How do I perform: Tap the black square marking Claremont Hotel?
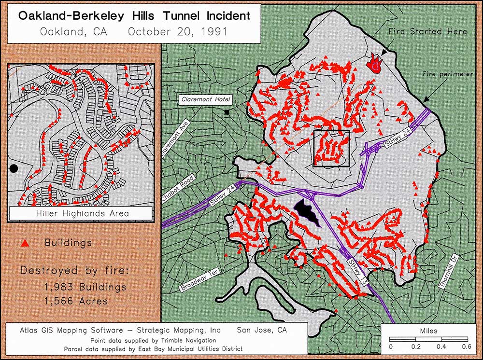(x=227, y=112)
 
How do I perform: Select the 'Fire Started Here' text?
(x=428, y=31)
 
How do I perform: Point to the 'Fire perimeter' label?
(x=447, y=74)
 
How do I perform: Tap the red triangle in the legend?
(x=26, y=243)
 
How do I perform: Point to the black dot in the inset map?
(x=14, y=168)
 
